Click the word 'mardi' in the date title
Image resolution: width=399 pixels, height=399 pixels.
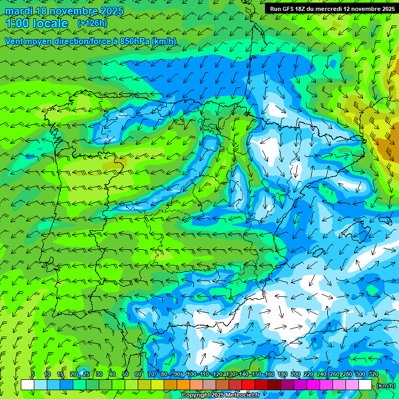click(x=19, y=11)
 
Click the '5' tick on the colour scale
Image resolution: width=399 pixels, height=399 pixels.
click(x=33, y=375)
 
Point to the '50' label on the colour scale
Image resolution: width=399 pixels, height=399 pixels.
click(x=125, y=375)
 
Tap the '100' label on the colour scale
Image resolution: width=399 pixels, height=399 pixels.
click(x=192, y=375)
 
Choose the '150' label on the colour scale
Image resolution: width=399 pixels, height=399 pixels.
click(x=257, y=375)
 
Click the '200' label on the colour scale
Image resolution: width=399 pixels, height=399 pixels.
click(x=296, y=375)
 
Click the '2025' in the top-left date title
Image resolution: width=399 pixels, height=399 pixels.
click(x=111, y=11)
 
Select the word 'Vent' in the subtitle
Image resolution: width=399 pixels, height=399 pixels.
click(x=15, y=41)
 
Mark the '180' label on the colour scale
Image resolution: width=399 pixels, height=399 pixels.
click(x=283, y=375)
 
